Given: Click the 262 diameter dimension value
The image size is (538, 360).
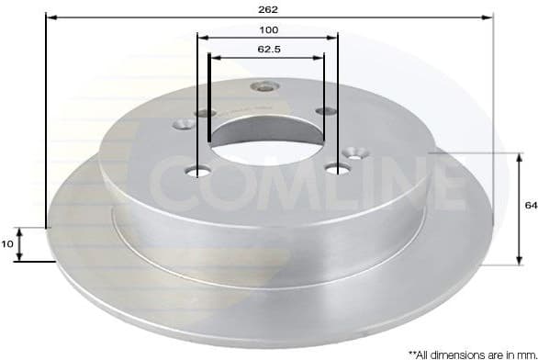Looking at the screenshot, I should (x=268, y=8).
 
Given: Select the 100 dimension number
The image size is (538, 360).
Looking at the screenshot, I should (x=268, y=29).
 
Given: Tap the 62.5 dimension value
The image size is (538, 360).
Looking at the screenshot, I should (x=268, y=48).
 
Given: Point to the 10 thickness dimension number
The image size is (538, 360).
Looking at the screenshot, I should (x=7, y=243).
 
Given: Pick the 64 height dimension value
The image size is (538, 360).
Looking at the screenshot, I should (x=530, y=206).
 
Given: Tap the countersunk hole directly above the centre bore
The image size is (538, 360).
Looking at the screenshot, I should (x=264, y=88).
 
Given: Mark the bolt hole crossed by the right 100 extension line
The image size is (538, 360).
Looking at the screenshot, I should (x=338, y=168).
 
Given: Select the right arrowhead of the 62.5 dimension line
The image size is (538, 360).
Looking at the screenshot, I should (x=320, y=57).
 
